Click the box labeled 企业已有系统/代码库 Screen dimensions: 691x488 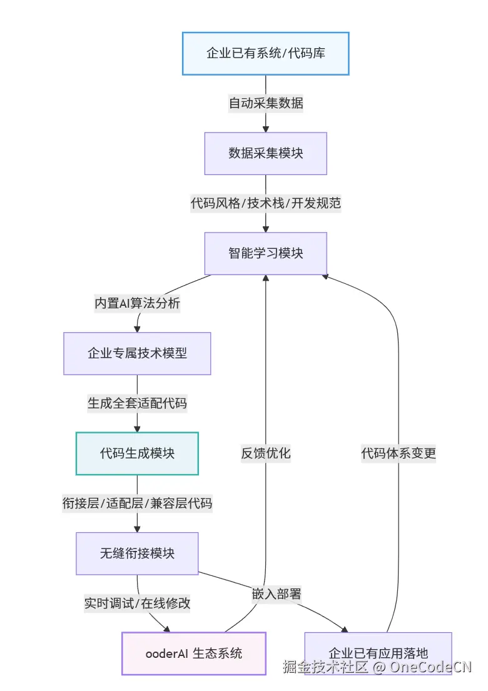pyautogui.click(x=265, y=53)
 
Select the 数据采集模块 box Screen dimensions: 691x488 pyautogui.click(x=265, y=153)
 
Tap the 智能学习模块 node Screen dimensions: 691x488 pyautogui.click(x=265, y=253)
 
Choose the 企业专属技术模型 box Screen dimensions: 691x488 pyautogui.click(x=137, y=353)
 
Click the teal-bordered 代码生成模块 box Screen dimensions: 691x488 pyautogui.click(x=137, y=453)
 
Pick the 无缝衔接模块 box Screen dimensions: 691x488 pyautogui.click(x=137, y=553)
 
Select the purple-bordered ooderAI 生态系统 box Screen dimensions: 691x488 pyautogui.click(x=193, y=653)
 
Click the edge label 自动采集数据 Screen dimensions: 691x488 pyautogui.click(x=265, y=103)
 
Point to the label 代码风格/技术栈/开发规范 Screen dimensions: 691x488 pyautogui.click(x=265, y=203)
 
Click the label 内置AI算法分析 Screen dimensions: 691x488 pyautogui.click(x=137, y=303)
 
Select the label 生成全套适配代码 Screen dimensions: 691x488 pyautogui.click(x=137, y=403)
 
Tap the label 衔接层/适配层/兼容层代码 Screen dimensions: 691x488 pyautogui.click(x=137, y=503)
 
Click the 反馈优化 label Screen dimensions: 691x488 pyautogui.click(x=265, y=453)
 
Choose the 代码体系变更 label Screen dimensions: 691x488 pyautogui.click(x=399, y=453)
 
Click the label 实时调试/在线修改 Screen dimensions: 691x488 pyautogui.click(x=137, y=603)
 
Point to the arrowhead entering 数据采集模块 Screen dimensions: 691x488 pyautogui.click(x=265, y=128)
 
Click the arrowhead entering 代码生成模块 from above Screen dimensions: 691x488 pyautogui.click(x=137, y=428)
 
